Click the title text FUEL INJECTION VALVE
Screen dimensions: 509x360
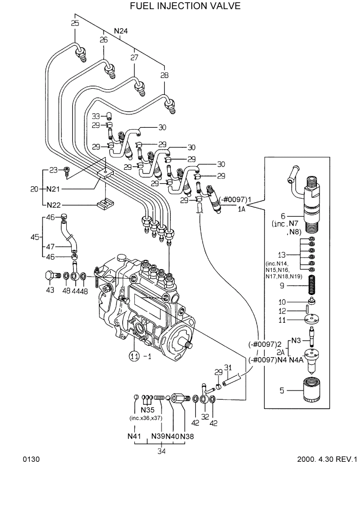[x=178, y=6]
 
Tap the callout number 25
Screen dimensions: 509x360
[x=75, y=24]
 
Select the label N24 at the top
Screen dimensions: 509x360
[x=121, y=31]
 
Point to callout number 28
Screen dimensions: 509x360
[x=164, y=75]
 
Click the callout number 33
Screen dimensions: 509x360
[x=95, y=116]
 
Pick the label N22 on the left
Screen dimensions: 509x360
[x=53, y=204]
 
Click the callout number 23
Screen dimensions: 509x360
[x=53, y=170]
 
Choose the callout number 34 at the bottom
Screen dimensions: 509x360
[x=162, y=452]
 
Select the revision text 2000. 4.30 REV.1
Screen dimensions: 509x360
[x=326, y=459]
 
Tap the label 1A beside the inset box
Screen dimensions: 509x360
[x=241, y=209]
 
